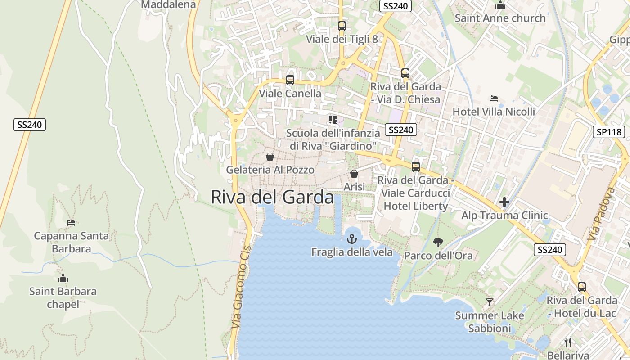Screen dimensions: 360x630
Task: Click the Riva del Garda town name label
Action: (272, 197)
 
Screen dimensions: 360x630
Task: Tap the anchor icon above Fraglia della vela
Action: (352, 239)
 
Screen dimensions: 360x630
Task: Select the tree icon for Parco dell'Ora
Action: (438, 243)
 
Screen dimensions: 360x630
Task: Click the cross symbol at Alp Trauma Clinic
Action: (504, 202)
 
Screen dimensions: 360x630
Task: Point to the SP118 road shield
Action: (609, 132)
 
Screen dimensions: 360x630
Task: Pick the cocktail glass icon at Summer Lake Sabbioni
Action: (489, 302)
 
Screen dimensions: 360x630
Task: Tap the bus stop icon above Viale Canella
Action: (290, 80)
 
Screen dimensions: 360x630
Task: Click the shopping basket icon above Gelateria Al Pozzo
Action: (270, 157)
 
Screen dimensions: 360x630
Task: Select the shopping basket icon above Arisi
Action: (354, 174)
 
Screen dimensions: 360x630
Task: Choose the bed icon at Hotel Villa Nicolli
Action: (494, 99)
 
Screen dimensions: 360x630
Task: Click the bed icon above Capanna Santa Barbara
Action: (71, 222)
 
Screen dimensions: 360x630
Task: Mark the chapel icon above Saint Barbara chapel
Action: (63, 278)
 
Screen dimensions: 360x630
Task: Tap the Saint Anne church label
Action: (500, 18)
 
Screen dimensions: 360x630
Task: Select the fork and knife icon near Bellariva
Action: (568, 342)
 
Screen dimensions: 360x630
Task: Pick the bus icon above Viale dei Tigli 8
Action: (342, 26)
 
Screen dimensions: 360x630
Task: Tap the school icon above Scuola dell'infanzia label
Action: (333, 119)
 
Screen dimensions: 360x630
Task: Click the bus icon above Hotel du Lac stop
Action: (582, 287)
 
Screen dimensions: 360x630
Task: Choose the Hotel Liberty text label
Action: (416, 206)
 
